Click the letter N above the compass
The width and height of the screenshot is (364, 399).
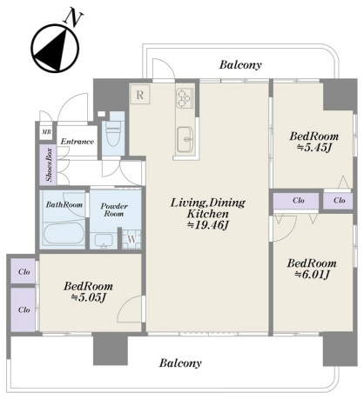point(74,18)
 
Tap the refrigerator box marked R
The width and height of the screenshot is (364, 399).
point(140,94)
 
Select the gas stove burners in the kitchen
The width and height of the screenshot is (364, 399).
point(185,98)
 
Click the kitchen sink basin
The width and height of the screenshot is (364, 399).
point(185,140)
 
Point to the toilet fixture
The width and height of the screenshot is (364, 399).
point(113,134)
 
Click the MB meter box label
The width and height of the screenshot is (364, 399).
point(46,132)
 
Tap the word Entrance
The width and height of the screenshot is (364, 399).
point(78,142)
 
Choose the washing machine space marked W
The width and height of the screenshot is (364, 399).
point(131,239)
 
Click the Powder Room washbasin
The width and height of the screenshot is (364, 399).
point(104,241)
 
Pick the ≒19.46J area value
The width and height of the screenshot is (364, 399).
point(208,225)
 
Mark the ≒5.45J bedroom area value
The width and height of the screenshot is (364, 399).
point(313,148)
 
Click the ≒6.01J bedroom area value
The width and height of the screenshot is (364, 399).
point(312,274)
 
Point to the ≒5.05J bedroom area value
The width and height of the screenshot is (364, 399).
point(88,297)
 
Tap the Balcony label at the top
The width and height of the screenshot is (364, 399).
point(240,64)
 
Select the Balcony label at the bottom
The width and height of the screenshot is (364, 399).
point(180,362)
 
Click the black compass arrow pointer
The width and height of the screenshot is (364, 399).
point(54,51)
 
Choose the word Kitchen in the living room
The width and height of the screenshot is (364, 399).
point(208,214)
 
